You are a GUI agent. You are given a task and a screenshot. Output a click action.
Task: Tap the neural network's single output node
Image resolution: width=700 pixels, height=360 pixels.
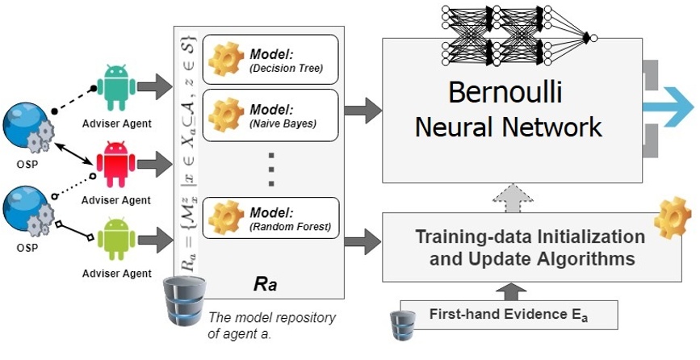(593, 37)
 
